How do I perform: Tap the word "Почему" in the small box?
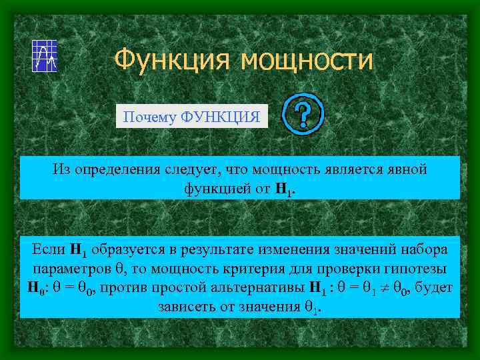point(143,117)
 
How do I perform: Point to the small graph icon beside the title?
point(45,55)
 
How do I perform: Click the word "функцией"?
point(213,189)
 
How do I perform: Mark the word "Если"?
point(46,251)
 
